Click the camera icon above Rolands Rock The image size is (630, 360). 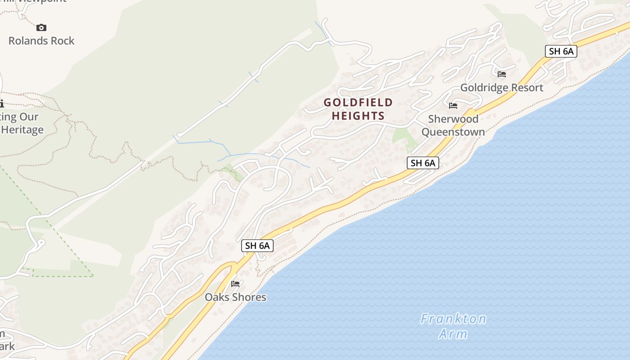[x=41, y=28]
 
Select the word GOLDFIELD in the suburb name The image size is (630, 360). [x=358, y=103]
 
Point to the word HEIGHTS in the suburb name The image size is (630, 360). [x=358, y=116]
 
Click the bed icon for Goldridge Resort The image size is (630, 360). [x=502, y=74]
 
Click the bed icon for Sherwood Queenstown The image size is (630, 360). [x=453, y=106]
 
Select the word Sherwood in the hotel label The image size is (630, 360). [x=453, y=119]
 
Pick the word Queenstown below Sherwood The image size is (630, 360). [x=453, y=132]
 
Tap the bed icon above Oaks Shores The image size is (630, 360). [x=235, y=283]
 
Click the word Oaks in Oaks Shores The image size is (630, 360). [x=215, y=297]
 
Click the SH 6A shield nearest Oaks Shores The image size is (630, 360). [x=257, y=246]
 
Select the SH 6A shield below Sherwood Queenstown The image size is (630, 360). [x=423, y=163]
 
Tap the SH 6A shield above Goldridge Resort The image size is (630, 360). [x=561, y=51]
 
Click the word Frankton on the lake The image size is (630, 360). [x=453, y=319]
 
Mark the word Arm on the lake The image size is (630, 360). [x=453, y=334]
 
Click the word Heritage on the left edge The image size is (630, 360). [x=22, y=130]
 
